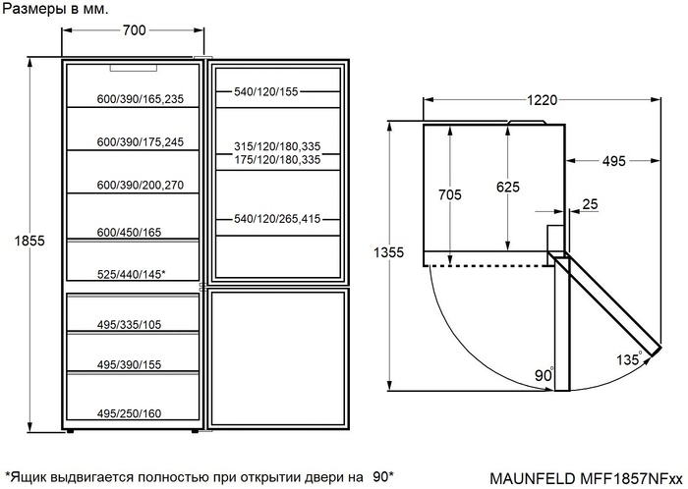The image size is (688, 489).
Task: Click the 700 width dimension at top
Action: (134, 30)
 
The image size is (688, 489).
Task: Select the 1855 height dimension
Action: (29, 241)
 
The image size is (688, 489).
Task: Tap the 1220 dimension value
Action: (542, 100)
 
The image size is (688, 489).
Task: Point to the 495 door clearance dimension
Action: (613, 161)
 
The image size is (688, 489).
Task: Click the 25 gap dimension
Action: (590, 204)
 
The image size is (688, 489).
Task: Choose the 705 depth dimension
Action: (450, 194)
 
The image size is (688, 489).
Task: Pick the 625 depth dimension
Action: (508, 188)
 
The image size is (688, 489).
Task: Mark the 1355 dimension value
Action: (389, 252)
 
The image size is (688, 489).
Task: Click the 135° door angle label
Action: (629, 359)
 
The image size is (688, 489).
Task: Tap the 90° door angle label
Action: (545, 375)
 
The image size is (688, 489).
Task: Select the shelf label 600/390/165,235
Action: (141, 99)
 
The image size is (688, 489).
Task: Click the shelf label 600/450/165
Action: (129, 233)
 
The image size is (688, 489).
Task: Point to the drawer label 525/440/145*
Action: (131, 274)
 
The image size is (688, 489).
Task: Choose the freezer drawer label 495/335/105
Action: (129, 325)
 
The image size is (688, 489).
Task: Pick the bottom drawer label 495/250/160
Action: (129, 413)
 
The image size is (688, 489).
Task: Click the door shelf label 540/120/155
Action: (266, 92)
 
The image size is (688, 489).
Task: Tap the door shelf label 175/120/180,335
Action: (277, 159)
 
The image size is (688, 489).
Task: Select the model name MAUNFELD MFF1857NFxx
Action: (586, 477)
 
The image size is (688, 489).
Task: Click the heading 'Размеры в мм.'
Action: (55, 9)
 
